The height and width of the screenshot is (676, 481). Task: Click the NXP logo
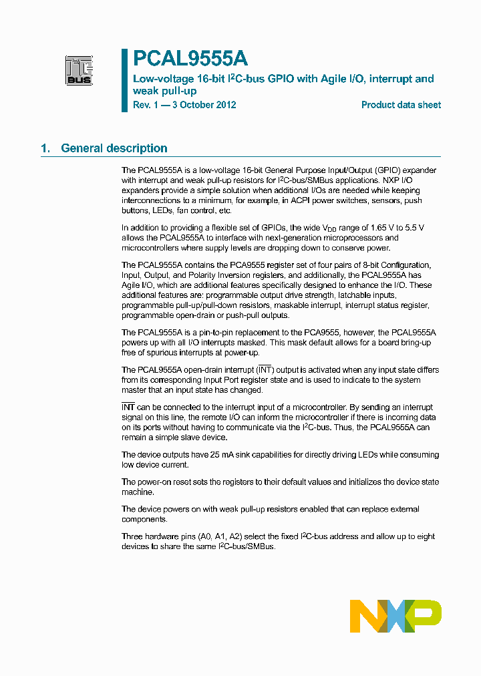pyautogui.click(x=395, y=616)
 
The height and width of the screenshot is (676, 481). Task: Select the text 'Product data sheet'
pyautogui.click(x=401, y=105)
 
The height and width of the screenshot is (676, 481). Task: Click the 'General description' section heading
pyautogui.click(x=114, y=148)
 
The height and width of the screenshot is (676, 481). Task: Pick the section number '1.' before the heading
pyautogui.click(x=45, y=148)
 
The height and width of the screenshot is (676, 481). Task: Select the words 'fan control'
pyautogui.click(x=197, y=210)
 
